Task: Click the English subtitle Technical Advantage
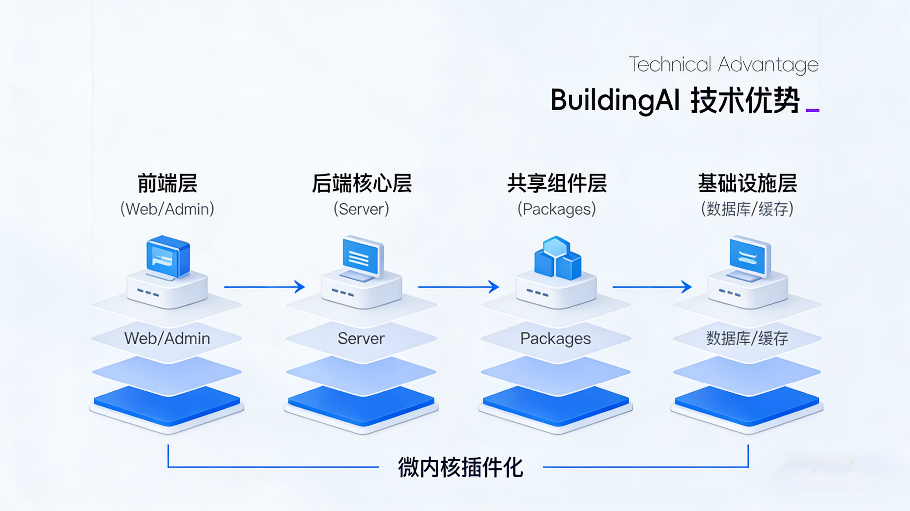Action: pos(723,65)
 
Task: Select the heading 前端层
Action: pos(167,183)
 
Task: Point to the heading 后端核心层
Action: pos(361,183)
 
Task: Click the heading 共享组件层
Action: pos(557,183)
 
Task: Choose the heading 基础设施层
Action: pos(747,183)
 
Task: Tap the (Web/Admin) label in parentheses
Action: pos(167,209)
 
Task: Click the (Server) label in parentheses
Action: pos(361,209)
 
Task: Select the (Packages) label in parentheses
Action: pos(557,209)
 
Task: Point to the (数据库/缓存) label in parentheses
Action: pos(747,209)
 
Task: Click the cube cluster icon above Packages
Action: pos(557,258)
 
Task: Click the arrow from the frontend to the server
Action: pos(264,287)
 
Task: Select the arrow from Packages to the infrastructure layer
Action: pos(652,287)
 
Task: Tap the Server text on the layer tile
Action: pos(361,339)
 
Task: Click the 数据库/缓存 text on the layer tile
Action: pos(747,339)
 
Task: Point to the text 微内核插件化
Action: pos(460,467)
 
